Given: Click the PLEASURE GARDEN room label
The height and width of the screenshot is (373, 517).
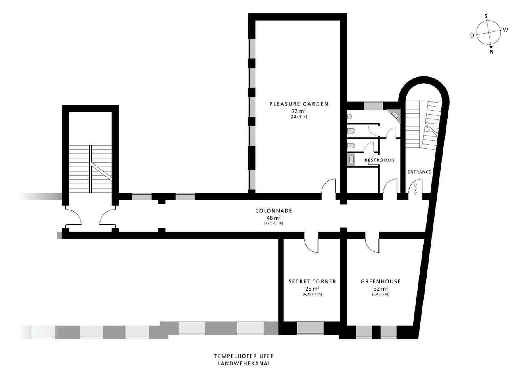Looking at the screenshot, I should [x=298, y=104].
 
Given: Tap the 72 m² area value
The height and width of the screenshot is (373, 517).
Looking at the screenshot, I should [x=298, y=111].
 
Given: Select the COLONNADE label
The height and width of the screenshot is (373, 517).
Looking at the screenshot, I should [x=273, y=211].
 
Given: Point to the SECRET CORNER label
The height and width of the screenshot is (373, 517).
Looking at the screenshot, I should [x=312, y=281].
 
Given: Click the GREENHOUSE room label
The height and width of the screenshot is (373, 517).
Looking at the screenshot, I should [x=380, y=281].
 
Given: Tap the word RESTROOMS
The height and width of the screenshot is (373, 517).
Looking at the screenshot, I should [x=379, y=160].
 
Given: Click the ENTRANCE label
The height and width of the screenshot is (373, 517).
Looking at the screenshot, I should [x=419, y=172].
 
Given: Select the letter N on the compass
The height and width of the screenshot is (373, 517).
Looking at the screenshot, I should [x=492, y=52].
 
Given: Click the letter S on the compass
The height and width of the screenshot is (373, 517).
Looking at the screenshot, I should [x=486, y=16].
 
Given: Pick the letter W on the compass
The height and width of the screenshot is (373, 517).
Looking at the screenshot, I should [x=505, y=30].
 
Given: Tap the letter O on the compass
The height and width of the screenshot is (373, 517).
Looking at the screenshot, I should [x=472, y=36].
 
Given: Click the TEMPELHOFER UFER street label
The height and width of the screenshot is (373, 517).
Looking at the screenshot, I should [x=244, y=356].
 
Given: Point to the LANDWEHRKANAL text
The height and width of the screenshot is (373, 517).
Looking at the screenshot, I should [x=244, y=363].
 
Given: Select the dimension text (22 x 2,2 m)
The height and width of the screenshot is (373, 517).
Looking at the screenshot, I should [x=273, y=223].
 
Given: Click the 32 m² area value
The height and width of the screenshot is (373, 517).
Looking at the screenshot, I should [x=380, y=289].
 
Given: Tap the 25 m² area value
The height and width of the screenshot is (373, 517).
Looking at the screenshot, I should [x=312, y=289].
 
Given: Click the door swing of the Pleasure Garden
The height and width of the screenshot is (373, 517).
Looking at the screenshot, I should [x=328, y=187].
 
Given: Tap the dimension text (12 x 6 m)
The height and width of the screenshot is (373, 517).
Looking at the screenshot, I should [x=298, y=117].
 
